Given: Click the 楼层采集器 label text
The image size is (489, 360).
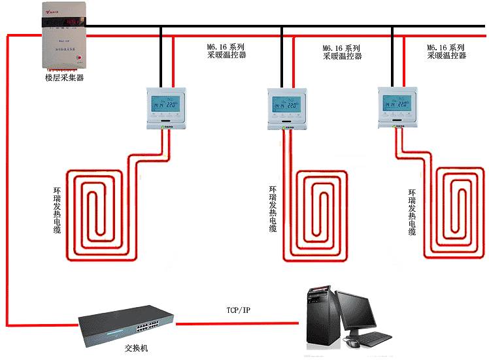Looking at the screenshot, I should [65, 78].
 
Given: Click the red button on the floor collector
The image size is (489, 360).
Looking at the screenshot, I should [80, 58].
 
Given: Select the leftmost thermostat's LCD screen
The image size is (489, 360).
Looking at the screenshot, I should [165, 103].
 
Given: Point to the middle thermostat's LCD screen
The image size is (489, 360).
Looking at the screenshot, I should [287, 103].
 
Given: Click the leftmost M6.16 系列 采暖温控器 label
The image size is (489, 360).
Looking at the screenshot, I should [226, 51].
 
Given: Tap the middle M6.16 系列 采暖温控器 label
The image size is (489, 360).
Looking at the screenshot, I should [342, 52].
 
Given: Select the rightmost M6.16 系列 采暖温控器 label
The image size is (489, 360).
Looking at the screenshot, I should [447, 51].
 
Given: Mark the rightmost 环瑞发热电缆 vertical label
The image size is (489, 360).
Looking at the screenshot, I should [412, 212].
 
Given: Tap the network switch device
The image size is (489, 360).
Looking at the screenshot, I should [128, 324].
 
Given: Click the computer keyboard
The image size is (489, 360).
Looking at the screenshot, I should [375, 340].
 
